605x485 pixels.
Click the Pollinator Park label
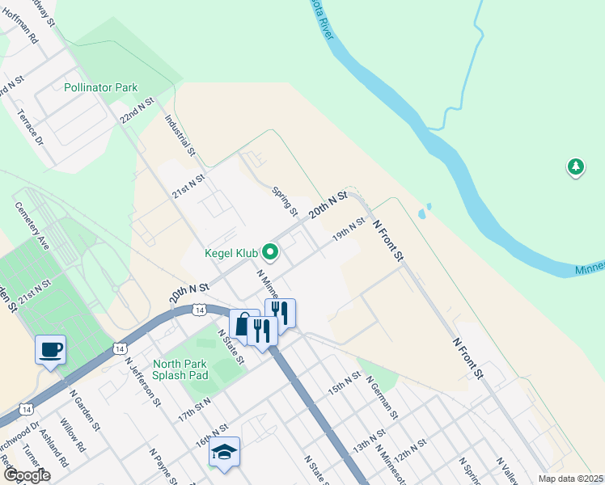[101, 87]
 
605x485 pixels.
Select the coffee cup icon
[50, 349]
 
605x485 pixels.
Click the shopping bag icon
[243, 323]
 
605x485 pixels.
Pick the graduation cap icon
[224, 452]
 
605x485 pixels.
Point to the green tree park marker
[575, 167]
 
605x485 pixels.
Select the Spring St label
[286, 200]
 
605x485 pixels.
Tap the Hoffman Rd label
[22, 27]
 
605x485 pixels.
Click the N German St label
[381, 397]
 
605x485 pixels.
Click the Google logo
[27, 475]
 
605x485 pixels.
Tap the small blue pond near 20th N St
[421, 214]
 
